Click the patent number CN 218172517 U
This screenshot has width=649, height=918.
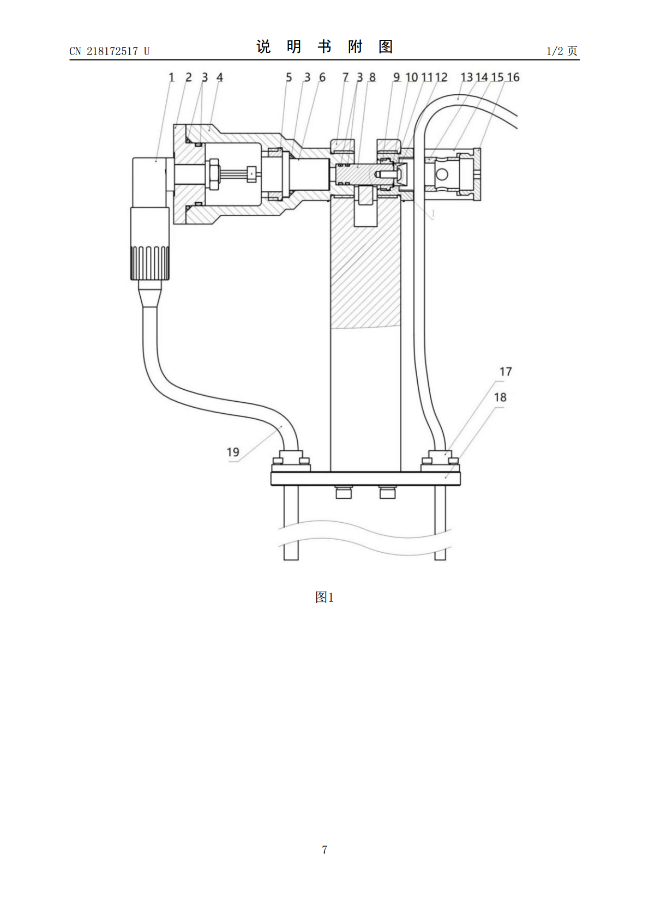point(110,51)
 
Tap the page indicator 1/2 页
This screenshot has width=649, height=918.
point(562,51)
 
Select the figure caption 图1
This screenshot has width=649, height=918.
point(324,597)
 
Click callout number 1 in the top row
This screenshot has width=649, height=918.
point(171,77)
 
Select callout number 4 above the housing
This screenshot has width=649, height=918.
point(220,77)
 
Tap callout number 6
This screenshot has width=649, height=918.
point(322,77)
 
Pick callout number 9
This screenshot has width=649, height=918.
point(396,77)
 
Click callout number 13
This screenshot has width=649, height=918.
point(466,77)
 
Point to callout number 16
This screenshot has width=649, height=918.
point(513,77)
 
